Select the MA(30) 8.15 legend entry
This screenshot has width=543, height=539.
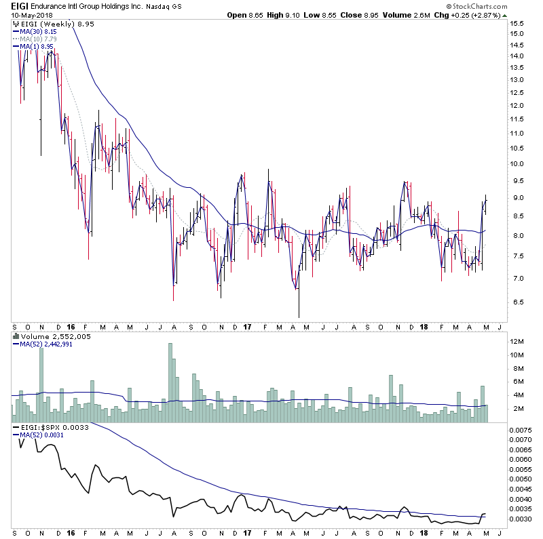tap(38, 31)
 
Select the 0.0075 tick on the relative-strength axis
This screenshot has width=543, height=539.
tap(522, 430)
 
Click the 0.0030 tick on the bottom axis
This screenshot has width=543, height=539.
tap(522, 519)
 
